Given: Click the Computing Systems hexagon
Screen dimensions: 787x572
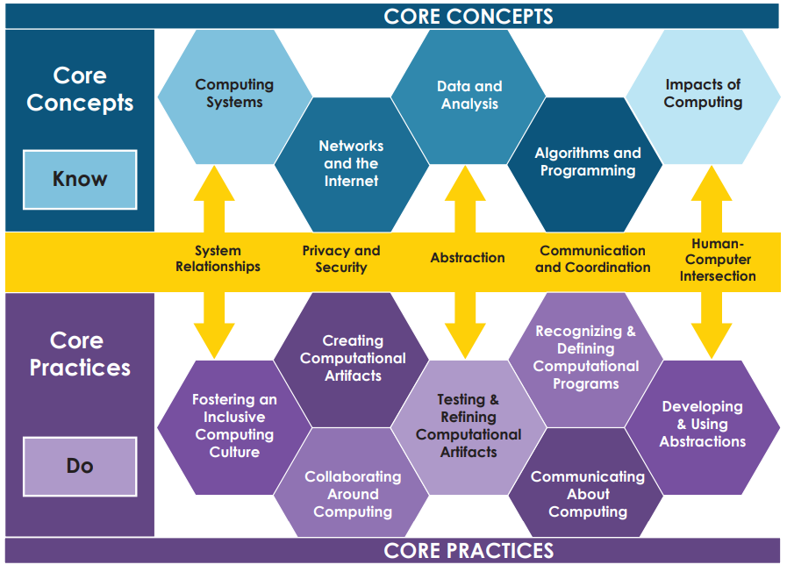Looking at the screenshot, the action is [x=234, y=97].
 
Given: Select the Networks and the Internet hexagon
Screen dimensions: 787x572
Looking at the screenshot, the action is [x=351, y=165].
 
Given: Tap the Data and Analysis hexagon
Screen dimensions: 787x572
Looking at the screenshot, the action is [x=469, y=97].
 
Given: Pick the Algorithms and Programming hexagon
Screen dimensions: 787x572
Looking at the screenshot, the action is [x=585, y=165].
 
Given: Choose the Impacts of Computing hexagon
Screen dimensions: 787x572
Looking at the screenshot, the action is [x=703, y=97].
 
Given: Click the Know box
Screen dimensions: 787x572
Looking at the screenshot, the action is [x=80, y=179].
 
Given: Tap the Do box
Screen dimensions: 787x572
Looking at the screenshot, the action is [x=80, y=466].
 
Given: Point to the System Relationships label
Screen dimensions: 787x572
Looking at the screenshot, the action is [x=218, y=259].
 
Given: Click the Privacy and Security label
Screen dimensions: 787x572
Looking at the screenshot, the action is [x=341, y=259].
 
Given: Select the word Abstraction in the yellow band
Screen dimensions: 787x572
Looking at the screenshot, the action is [x=468, y=258].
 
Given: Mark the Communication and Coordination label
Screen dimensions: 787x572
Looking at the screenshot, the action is [x=593, y=259].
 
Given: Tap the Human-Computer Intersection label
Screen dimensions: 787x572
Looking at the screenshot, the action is [x=718, y=260].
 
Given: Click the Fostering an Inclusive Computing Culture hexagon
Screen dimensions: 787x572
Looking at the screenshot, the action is [x=234, y=427].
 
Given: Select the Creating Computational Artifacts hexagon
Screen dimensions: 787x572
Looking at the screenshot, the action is [x=351, y=360].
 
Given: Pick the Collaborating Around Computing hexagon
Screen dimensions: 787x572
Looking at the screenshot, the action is [x=351, y=482].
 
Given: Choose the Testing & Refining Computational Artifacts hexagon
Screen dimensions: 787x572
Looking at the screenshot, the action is [x=469, y=427].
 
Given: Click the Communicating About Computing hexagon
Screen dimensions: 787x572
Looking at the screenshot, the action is [x=585, y=482].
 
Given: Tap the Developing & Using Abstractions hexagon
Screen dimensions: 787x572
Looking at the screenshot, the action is [x=703, y=427].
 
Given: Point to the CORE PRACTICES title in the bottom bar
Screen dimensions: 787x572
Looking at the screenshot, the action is [x=469, y=551].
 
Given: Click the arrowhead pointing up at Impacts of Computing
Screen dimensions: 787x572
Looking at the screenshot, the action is [x=712, y=183].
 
